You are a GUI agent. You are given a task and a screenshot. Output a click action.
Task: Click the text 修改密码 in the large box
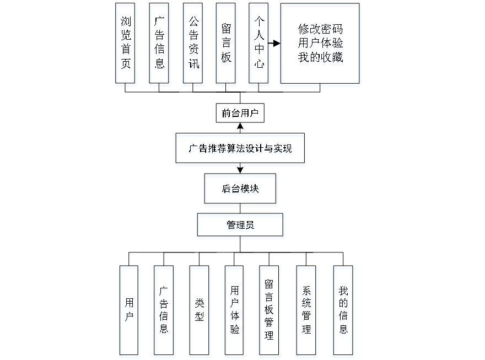[320, 30]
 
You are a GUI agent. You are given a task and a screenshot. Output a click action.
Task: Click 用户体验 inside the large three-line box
[320, 44]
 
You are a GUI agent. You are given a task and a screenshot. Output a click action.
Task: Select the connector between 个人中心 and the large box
[276, 43]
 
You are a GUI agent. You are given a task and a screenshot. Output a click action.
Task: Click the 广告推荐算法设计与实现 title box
[240, 149]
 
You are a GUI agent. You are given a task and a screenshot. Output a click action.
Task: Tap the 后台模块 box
[241, 190]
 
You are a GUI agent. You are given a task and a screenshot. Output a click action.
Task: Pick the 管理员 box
[241, 227]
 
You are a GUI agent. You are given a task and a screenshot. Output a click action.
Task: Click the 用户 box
[129, 311]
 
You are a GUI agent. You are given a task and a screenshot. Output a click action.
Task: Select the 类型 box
[200, 311]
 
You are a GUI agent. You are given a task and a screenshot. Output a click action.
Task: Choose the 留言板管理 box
[270, 311]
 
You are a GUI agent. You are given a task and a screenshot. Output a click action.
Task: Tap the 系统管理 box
[306, 311]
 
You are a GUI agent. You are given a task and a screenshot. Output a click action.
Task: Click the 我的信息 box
[343, 311]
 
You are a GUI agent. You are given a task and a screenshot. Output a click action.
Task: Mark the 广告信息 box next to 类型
[164, 311]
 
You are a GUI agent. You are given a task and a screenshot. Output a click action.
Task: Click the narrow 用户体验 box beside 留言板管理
[235, 311]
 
